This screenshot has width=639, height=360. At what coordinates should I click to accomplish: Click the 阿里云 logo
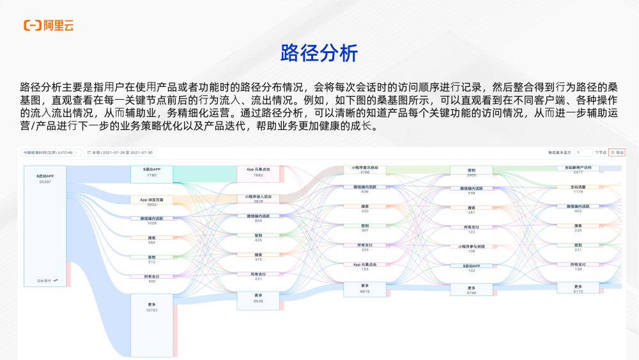click(49, 26)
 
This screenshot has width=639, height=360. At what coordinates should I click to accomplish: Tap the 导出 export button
click(617, 153)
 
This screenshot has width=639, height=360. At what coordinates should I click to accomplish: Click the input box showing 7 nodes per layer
click(582, 153)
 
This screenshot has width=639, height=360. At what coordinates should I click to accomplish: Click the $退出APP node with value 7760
click(151, 172)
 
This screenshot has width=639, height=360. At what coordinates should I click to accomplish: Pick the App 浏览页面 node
click(151, 202)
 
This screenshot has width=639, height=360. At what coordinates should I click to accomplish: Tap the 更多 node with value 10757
click(151, 306)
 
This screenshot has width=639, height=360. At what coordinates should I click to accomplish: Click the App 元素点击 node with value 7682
click(258, 172)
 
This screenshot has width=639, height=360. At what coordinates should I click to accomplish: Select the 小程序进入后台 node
click(258, 199)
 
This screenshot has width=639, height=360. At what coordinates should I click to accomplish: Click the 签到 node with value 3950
click(472, 172)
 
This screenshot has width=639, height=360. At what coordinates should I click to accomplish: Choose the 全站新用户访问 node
click(578, 169)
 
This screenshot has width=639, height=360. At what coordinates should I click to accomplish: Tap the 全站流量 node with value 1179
click(578, 189)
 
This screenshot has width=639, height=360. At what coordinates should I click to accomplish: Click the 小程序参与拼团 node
click(472, 248)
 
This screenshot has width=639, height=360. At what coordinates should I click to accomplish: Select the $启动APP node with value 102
click(472, 268)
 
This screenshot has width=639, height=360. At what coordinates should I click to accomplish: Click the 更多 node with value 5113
click(578, 288)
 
